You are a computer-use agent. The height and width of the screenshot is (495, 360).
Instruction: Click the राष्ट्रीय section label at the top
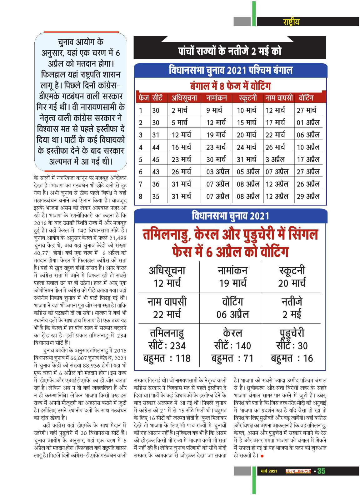pyautogui.click(x=291, y=22)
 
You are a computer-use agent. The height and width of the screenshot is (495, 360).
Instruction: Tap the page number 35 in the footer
pyautogui.click(x=321, y=471)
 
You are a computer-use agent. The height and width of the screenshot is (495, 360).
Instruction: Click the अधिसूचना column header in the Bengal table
pyautogui.click(x=184, y=98)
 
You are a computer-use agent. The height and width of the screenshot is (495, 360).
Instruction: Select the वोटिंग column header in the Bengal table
pyautogui.click(x=306, y=98)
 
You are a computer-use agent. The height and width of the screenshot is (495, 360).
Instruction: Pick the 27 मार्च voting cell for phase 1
pyautogui.click(x=306, y=110)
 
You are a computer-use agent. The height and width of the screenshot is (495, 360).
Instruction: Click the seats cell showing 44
pyautogui.click(x=156, y=147)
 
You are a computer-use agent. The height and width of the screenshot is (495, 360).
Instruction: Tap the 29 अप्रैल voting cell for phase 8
pyautogui.click(x=308, y=196)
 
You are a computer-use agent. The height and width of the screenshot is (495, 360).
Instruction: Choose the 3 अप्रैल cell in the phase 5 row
pyautogui.click(x=275, y=159)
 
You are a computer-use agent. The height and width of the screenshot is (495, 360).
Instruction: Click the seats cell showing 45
pyautogui.click(x=156, y=159)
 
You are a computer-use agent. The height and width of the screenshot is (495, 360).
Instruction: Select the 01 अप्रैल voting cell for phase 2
pyautogui.click(x=308, y=122)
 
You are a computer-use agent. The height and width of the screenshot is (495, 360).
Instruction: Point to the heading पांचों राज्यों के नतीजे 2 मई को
pyautogui.click(x=230, y=51)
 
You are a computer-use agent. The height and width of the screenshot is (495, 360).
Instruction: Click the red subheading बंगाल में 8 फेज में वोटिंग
pyautogui.click(x=230, y=86)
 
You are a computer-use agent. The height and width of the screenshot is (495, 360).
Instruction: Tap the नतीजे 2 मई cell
pyautogui.click(x=292, y=308)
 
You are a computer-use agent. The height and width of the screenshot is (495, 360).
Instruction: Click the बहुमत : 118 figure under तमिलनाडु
pyautogui.click(x=167, y=358)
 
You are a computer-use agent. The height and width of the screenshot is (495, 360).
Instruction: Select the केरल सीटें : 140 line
pyautogui.click(x=232, y=346)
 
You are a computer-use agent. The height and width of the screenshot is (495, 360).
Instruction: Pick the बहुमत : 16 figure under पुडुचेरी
pyautogui.click(x=292, y=358)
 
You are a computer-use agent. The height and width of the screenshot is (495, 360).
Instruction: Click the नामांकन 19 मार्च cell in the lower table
pyautogui.click(x=232, y=277)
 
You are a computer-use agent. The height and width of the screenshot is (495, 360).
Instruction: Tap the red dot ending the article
pyautogui.click(x=262, y=456)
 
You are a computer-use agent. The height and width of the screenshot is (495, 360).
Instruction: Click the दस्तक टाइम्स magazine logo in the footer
pyautogui.click(x=298, y=471)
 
